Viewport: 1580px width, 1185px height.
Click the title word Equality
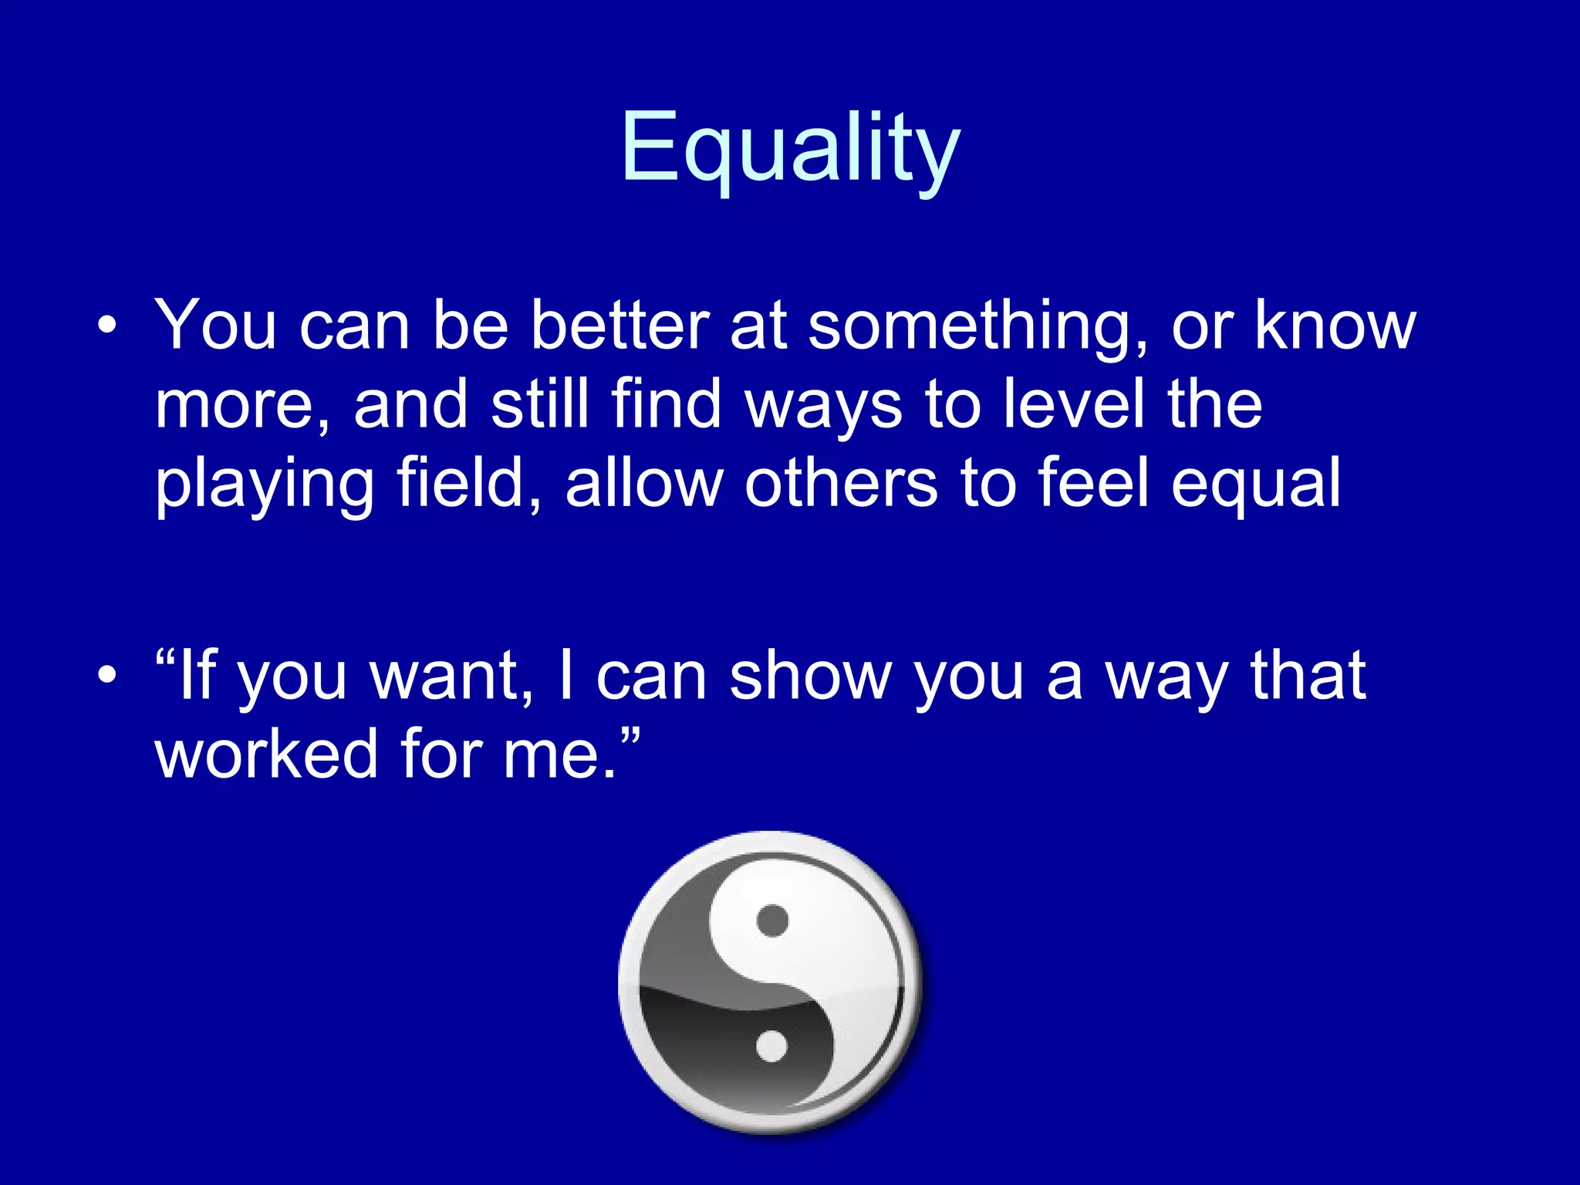click(x=790, y=148)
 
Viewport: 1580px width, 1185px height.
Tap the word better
click(x=620, y=326)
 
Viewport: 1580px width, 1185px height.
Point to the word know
click(x=1335, y=326)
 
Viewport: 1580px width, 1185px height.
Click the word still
click(x=539, y=404)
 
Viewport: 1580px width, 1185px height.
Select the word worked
click(x=267, y=755)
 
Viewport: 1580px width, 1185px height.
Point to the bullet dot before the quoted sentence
click(x=107, y=676)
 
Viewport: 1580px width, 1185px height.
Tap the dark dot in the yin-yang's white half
click(x=772, y=920)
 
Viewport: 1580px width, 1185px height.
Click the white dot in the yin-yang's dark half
click(x=771, y=1046)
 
